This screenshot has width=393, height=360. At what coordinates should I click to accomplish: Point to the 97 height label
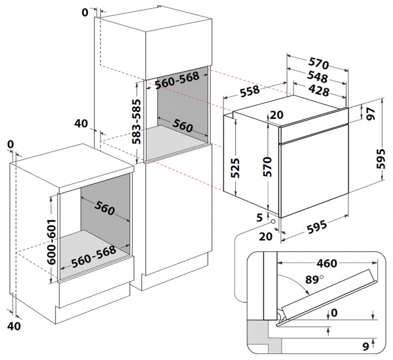[x=371, y=113]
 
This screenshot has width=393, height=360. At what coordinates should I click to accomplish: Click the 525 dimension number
[x=236, y=168]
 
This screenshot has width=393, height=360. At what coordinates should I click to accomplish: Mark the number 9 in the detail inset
[x=365, y=346]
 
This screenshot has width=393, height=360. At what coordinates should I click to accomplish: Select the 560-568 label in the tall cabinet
[x=176, y=81]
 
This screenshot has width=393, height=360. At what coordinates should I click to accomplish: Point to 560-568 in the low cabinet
[x=93, y=255]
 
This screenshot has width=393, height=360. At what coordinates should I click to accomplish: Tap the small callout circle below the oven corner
[x=272, y=222]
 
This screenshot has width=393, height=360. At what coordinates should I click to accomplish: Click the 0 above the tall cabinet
[x=84, y=13]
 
